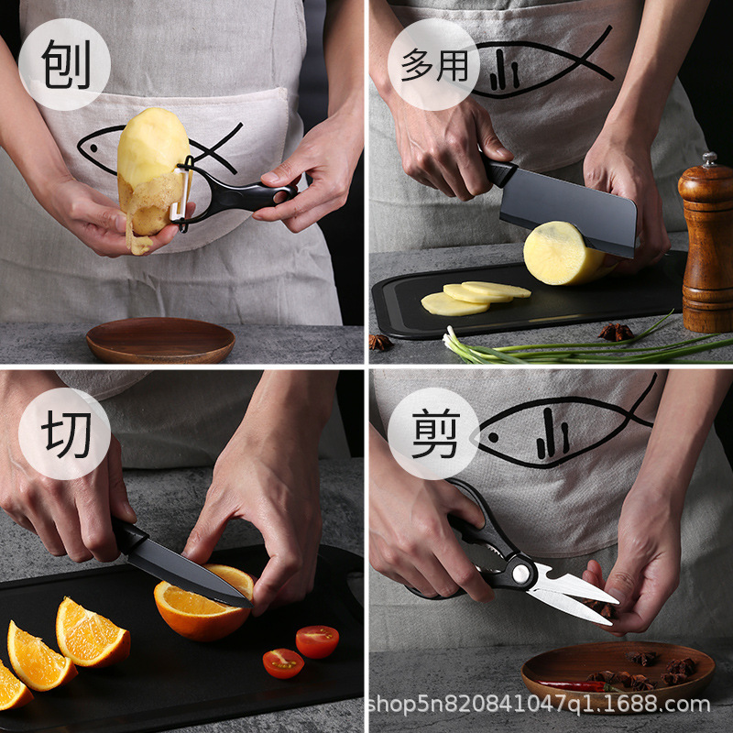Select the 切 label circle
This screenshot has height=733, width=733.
pyautogui.click(x=64, y=433)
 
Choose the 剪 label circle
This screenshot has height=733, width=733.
pyautogui.click(x=433, y=433)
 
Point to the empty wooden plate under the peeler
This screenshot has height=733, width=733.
pyautogui.click(x=160, y=340)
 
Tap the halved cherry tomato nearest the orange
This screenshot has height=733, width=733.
pyautogui.click(x=317, y=641)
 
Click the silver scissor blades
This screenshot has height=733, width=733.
pyautogui.click(x=573, y=591)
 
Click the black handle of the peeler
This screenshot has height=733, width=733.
pyautogui.click(x=252, y=194)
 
